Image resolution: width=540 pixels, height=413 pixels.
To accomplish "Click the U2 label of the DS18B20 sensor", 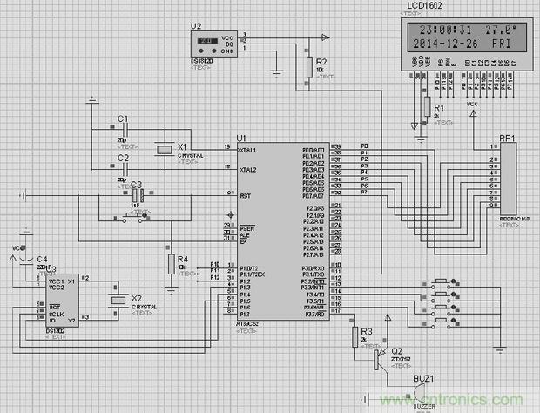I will [x=196, y=27].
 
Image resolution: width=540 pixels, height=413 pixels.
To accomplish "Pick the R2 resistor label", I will [x=322, y=63].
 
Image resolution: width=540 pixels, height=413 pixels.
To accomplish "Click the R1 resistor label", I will [x=439, y=107].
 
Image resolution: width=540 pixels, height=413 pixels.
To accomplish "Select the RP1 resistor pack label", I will [x=507, y=139].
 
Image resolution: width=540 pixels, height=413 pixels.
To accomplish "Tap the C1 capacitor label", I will [x=123, y=118].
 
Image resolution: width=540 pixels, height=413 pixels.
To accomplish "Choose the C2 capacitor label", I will [x=123, y=158].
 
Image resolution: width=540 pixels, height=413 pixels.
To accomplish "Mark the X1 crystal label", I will [x=182, y=146].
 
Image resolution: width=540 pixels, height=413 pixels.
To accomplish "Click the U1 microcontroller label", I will [x=241, y=139].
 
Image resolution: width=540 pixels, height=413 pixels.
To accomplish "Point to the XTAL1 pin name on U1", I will [x=253, y=150].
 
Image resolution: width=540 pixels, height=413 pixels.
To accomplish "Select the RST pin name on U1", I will [x=246, y=195].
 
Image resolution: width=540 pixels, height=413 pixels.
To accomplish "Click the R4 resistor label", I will [x=182, y=259].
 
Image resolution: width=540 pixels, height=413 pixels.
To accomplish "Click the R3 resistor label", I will [x=367, y=332].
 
